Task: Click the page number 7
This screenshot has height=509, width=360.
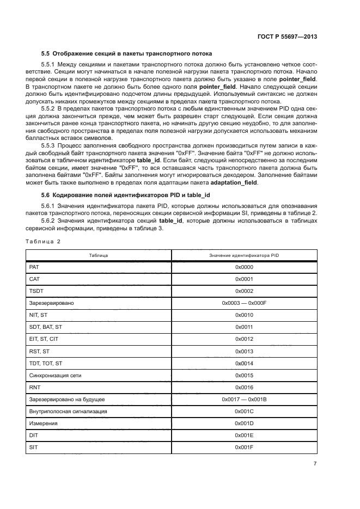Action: pos(315,464)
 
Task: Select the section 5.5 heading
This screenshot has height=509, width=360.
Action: pos(126,53)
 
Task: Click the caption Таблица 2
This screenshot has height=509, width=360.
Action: pos(43,241)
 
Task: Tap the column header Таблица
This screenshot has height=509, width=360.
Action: pos(99,255)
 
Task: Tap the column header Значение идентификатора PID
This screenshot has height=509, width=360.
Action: pos(244,255)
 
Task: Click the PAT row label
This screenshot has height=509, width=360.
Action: pos(34,267)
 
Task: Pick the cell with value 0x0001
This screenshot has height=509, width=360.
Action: pos(244,279)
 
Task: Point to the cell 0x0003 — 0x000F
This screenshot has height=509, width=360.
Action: pos(244,303)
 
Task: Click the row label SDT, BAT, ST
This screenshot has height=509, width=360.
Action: pos(45,327)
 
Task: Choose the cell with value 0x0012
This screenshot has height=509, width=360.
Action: pos(244,339)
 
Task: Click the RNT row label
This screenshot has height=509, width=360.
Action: pos(35,387)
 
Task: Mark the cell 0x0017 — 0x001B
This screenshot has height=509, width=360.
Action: pos(244,399)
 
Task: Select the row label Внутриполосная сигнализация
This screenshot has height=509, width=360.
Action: pos(68,411)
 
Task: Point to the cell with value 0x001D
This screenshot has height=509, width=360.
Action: pos(244,423)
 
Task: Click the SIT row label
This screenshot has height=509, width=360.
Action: pos(33,447)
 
